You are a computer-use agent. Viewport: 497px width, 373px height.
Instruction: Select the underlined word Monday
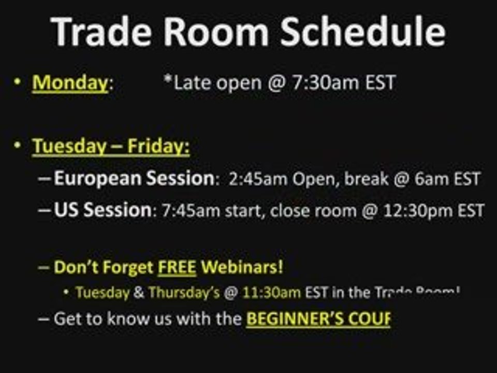coord(70,83)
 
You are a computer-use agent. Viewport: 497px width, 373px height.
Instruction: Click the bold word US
coord(67,210)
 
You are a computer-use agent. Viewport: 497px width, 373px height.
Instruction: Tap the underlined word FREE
coord(177,268)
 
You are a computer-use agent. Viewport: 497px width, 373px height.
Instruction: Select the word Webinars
coord(242,268)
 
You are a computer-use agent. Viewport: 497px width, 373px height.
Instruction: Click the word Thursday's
coord(184,293)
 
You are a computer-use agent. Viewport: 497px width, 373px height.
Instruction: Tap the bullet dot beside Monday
coord(18,81)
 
